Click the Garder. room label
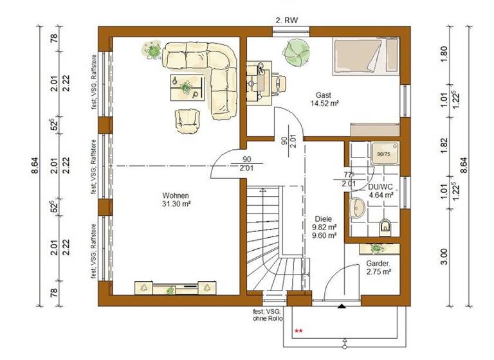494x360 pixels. tap(378, 264)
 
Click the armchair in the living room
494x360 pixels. tap(187, 118)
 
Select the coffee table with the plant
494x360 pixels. tap(187, 87)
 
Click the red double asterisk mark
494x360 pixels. tap(298, 331)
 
